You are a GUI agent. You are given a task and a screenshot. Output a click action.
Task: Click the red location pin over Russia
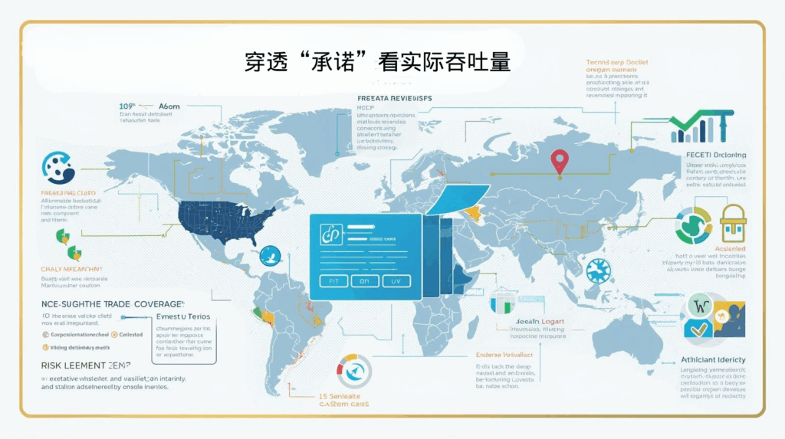560,161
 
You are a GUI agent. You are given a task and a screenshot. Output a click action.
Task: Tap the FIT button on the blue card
333,281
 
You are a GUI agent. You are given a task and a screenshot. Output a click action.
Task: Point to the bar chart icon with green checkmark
700,127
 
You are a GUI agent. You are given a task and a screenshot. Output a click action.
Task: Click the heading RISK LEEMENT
85,366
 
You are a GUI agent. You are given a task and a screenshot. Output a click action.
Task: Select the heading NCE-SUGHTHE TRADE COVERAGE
112,303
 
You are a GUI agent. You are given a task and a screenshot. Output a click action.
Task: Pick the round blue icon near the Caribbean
271,255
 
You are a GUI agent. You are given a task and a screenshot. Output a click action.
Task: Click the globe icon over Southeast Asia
598,270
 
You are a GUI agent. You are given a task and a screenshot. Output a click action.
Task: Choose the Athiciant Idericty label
713,359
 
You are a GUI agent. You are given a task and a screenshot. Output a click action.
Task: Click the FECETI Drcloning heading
713,156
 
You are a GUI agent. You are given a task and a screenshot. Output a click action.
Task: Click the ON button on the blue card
365,281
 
